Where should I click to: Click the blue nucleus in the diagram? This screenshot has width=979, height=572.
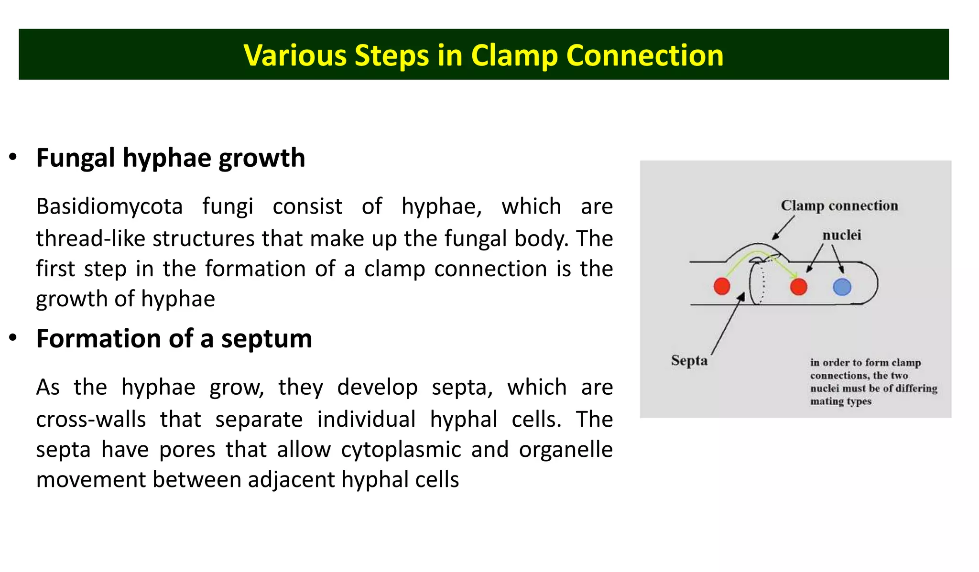[842, 287]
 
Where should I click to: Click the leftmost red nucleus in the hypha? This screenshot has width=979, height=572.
[722, 286]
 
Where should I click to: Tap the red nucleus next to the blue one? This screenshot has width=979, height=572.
[798, 287]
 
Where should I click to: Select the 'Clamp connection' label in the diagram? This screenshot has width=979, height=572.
[839, 205]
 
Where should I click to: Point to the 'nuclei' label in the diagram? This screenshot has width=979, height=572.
[841, 235]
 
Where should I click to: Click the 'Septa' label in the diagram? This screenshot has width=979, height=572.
[689, 360]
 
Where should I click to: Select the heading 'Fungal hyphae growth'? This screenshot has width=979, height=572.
[171, 158]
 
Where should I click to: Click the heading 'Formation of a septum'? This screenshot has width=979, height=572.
[174, 338]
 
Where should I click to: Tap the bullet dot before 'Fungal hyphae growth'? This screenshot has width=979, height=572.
[13, 157]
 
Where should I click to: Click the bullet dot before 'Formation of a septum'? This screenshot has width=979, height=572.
[13, 338]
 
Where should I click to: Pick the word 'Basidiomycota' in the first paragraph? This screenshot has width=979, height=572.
[109, 206]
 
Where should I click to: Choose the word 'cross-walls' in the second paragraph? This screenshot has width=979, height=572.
[91, 419]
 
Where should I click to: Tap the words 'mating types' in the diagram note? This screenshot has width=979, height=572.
[840, 401]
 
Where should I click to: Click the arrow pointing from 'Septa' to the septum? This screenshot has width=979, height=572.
[727, 325]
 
